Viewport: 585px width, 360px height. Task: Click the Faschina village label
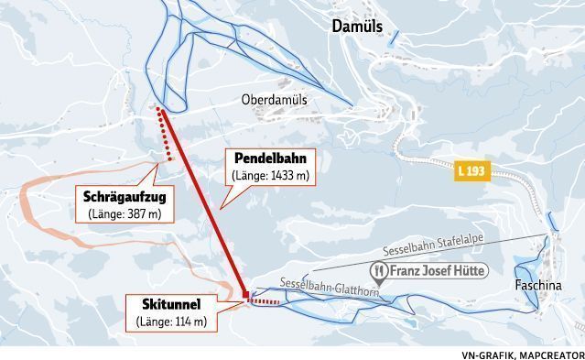click(x=536, y=284)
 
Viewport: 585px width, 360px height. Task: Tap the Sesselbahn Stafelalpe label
click(x=441, y=245)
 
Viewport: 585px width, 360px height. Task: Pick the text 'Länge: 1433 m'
click(x=271, y=175)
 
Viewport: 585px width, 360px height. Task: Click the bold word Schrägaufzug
click(x=123, y=196)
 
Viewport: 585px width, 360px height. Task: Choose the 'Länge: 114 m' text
click(x=172, y=321)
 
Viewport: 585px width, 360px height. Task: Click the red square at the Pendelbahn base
click(x=246, y=294)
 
